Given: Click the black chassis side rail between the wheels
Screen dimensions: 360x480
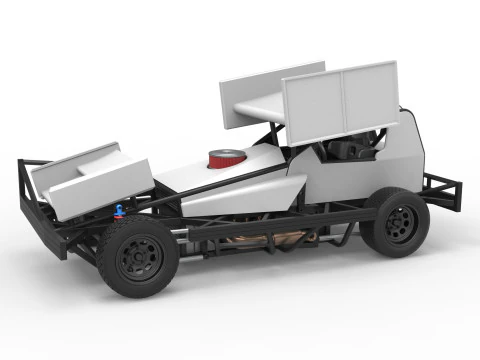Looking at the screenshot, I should (x=280, y=222).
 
